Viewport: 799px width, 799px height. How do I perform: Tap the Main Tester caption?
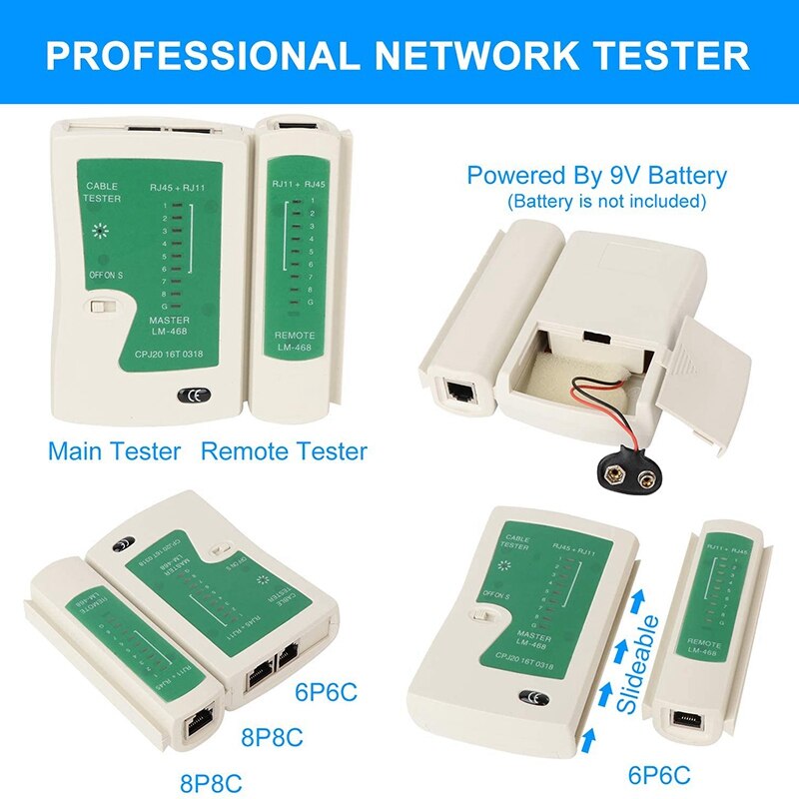point(114,450)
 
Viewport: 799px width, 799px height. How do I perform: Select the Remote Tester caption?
point(284,450)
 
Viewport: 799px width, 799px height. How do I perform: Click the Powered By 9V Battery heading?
point(596,177)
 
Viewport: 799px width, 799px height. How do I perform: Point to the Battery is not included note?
point(606,202)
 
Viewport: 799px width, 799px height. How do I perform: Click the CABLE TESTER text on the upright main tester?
point(103,193)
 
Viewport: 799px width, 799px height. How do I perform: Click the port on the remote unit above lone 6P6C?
point(691,718)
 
